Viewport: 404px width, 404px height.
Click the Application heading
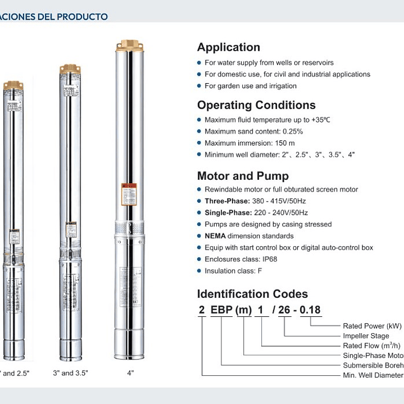click(x=228, y=47)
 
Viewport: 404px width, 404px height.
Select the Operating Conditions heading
click(x=256, y=105)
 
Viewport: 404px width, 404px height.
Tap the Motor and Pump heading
click(x=243, y=176)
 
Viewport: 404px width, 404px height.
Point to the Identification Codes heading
click(x=252, y=294)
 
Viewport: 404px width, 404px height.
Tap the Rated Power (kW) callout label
click(x=372, y=326)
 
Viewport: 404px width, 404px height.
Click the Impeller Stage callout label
click(x=366, y=335)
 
